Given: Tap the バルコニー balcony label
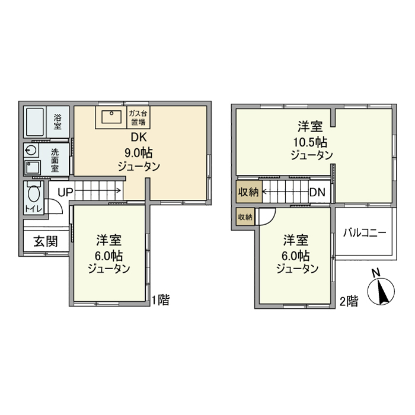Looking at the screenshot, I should click(364, 232).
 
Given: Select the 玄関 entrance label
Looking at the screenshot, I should click(44, 242).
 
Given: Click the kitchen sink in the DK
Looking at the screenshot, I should click(111, 117).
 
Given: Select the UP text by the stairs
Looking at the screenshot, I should click(65, 191).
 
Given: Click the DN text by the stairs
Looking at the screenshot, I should click(317, 192).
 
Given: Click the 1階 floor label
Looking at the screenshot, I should click(161, 300).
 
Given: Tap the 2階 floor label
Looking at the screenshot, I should click(349, 302).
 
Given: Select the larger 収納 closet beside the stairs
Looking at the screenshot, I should click(248, 192).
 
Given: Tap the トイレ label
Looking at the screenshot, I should click(29, 209).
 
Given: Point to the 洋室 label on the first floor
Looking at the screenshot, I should click(109, 241).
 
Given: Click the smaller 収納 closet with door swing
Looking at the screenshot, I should click(244, 217).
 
